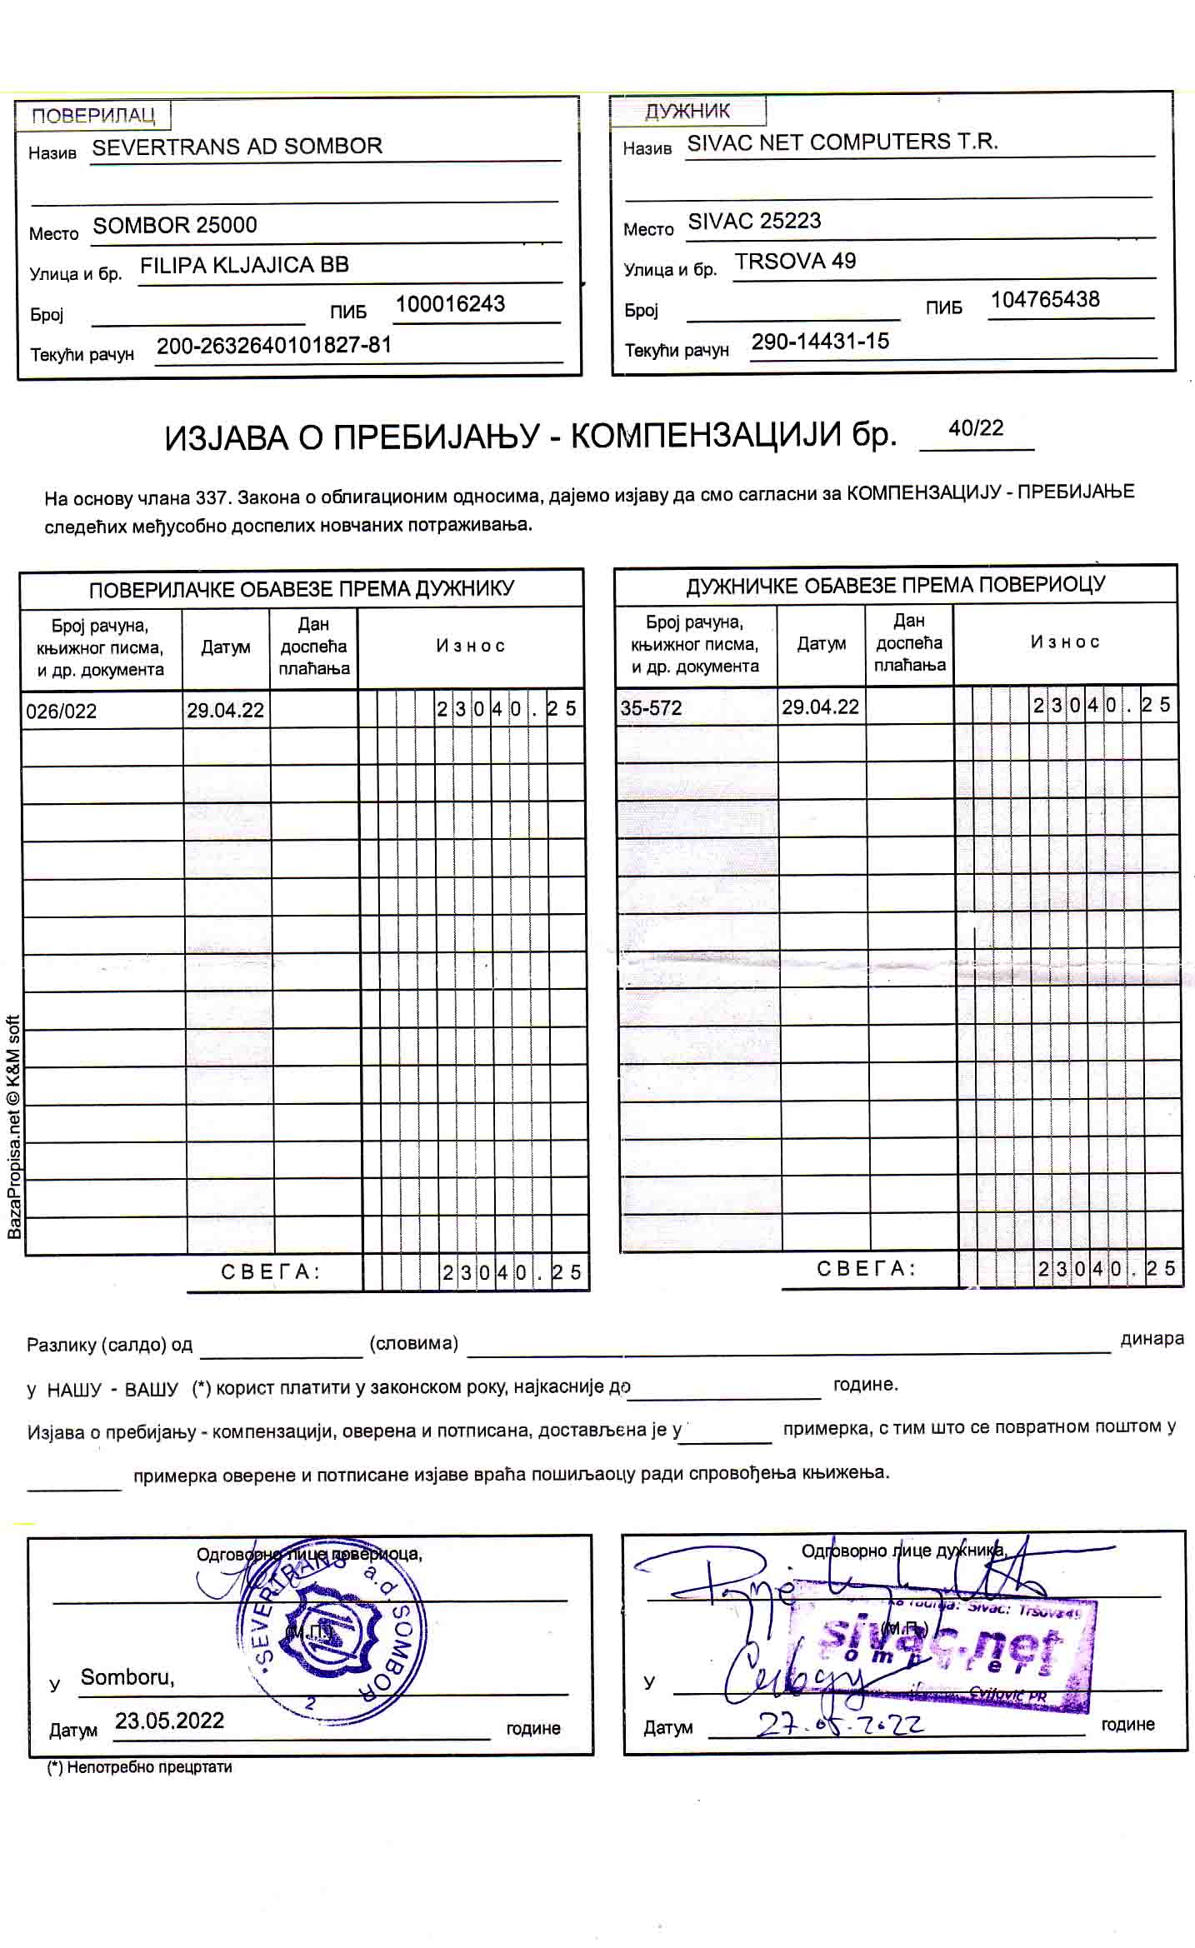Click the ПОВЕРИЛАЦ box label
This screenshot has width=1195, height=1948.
pyautogui.click(x=92, y=115)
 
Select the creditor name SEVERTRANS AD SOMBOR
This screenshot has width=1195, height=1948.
pyautogui.click(x=237, y=147)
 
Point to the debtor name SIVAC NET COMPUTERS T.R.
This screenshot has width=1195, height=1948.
pyautogui.click(x=842, y=142)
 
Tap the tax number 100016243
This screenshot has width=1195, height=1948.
pyautogui.click(x=450, y=304)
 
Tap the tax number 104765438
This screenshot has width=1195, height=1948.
pyautogui.click(x=1045, y=300)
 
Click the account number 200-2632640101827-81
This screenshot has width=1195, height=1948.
pyautogui.click(x=274, y=346)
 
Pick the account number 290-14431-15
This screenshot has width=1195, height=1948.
pyautogui.click(x=820, y=342)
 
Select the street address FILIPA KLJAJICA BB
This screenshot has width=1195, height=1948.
pyautogui.click(x=244, y=266)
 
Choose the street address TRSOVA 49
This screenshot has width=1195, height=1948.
pyautogui.click(x=795, y=262)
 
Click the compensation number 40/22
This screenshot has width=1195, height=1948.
pyautogui.click(x=976, y=428)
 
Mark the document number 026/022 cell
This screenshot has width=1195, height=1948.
pyautogui.click(x=62, y=712)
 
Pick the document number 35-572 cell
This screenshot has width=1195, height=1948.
pyautogui.click(x=651, y=708)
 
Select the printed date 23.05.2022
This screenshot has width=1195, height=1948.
pyautogui.click(x=169, y=1721)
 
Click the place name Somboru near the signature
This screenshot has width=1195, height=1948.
pyautogui.click(x=127, y=1677)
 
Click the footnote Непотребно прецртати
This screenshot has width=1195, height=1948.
pyautogui.click(x=140, y=1766)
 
